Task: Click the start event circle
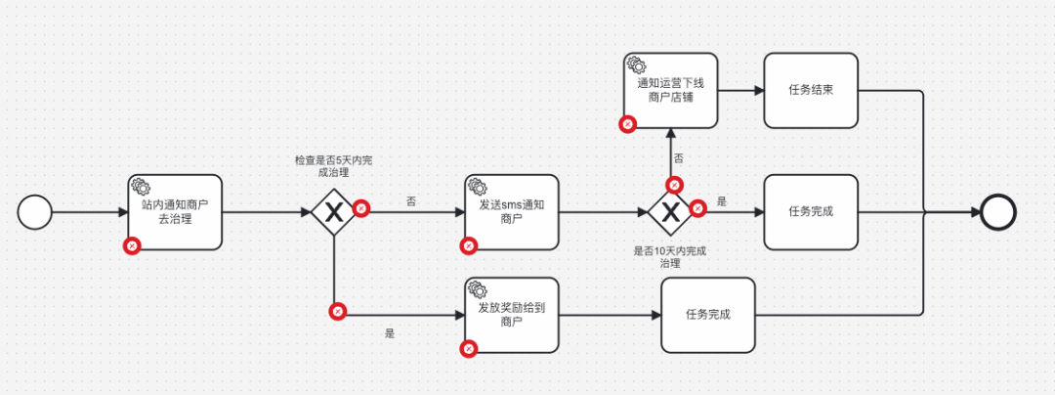[x=34, y=212]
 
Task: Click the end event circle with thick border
[x=998, y=212]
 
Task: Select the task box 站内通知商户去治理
[x=175, y=213]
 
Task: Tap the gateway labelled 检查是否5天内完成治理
[x=334, y=212]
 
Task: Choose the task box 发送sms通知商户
[x=511, y=212]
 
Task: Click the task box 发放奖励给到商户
[x=511, y=315]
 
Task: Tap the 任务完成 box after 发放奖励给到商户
[x=708, y=315]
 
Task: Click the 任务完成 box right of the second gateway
[x=811, y=212]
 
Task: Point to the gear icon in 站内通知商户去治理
[x=140, y=186]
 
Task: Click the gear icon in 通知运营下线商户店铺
[x=634, y=65]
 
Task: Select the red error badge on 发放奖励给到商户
[x=469, y=348]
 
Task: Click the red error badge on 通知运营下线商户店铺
[x=628, y=124]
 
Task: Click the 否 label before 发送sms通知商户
[x=410, y=200]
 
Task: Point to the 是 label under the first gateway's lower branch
[x=390, y=332]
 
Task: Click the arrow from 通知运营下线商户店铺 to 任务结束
[x=739, y=91]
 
